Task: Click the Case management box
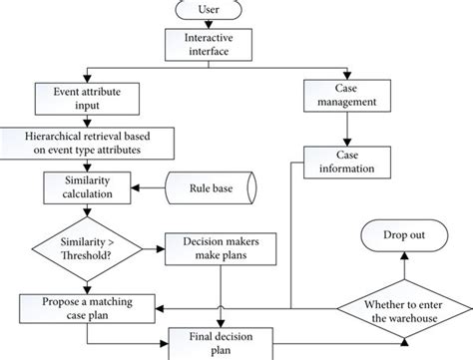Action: pyautogui.click(x=345, y=96)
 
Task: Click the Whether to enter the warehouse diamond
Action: pyautogui.click(x=402, y=306)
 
